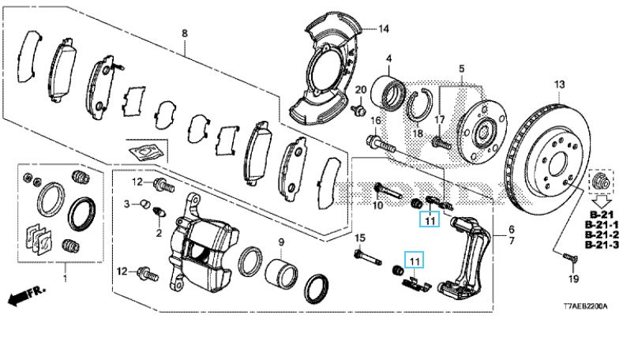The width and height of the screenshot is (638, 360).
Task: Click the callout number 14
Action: [384, 29]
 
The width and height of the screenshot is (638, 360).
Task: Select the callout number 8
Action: [185, 33]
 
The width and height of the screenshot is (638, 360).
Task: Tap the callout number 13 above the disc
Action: [560, 84]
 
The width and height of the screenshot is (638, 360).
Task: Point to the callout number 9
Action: [281, 242]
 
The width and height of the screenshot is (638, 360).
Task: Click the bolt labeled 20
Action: [358, 109]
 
